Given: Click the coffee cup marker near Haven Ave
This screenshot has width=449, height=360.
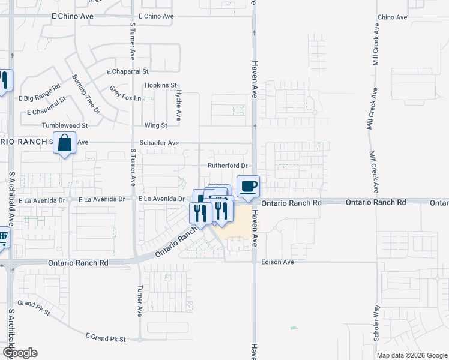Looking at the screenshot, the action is pyautogui.click(x=248, y=186).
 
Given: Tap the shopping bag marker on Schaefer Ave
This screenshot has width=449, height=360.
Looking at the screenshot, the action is pyautogui.click(x=64, y=143).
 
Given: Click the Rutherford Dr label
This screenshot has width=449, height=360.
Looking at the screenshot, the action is pyautogui.click(x=228, y=166).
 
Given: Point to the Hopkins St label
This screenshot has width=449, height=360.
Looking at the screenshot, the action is pyautogui.click(x=161, y=85).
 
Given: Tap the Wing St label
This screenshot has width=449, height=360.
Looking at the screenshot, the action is pyautogui.click(x=155, y=126).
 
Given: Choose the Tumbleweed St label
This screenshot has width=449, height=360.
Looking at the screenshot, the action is pyautogui.click(x=65, y=125).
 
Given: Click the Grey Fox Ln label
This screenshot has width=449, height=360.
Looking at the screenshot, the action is pyautogui.click(x=125, y=94).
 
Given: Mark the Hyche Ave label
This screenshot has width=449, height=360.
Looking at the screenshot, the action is pyautogui.click(x=178, y=106).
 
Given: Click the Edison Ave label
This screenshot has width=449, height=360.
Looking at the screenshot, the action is pyautogui.click(x=277, y=262).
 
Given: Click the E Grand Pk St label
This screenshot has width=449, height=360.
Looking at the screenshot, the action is pyautogui.click(x=105, y=338).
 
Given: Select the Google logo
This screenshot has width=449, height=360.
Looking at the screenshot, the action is pyautogui.click(x=19, y=353).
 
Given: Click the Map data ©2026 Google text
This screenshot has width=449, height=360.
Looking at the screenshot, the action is pyautogui.click(x=412, y=355).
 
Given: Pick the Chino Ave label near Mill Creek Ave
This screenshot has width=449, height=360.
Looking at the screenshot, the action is pyautogui.click(x=393, y=17).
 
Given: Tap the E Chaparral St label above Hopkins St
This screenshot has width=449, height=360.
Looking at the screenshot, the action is pyautogui.click(x=127, y=71).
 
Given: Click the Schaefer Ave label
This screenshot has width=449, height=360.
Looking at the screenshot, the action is pyautogui.click(x=159, y=143).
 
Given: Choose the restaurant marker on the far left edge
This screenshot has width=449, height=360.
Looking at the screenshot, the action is pyautogui.click(x=3, y=80).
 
